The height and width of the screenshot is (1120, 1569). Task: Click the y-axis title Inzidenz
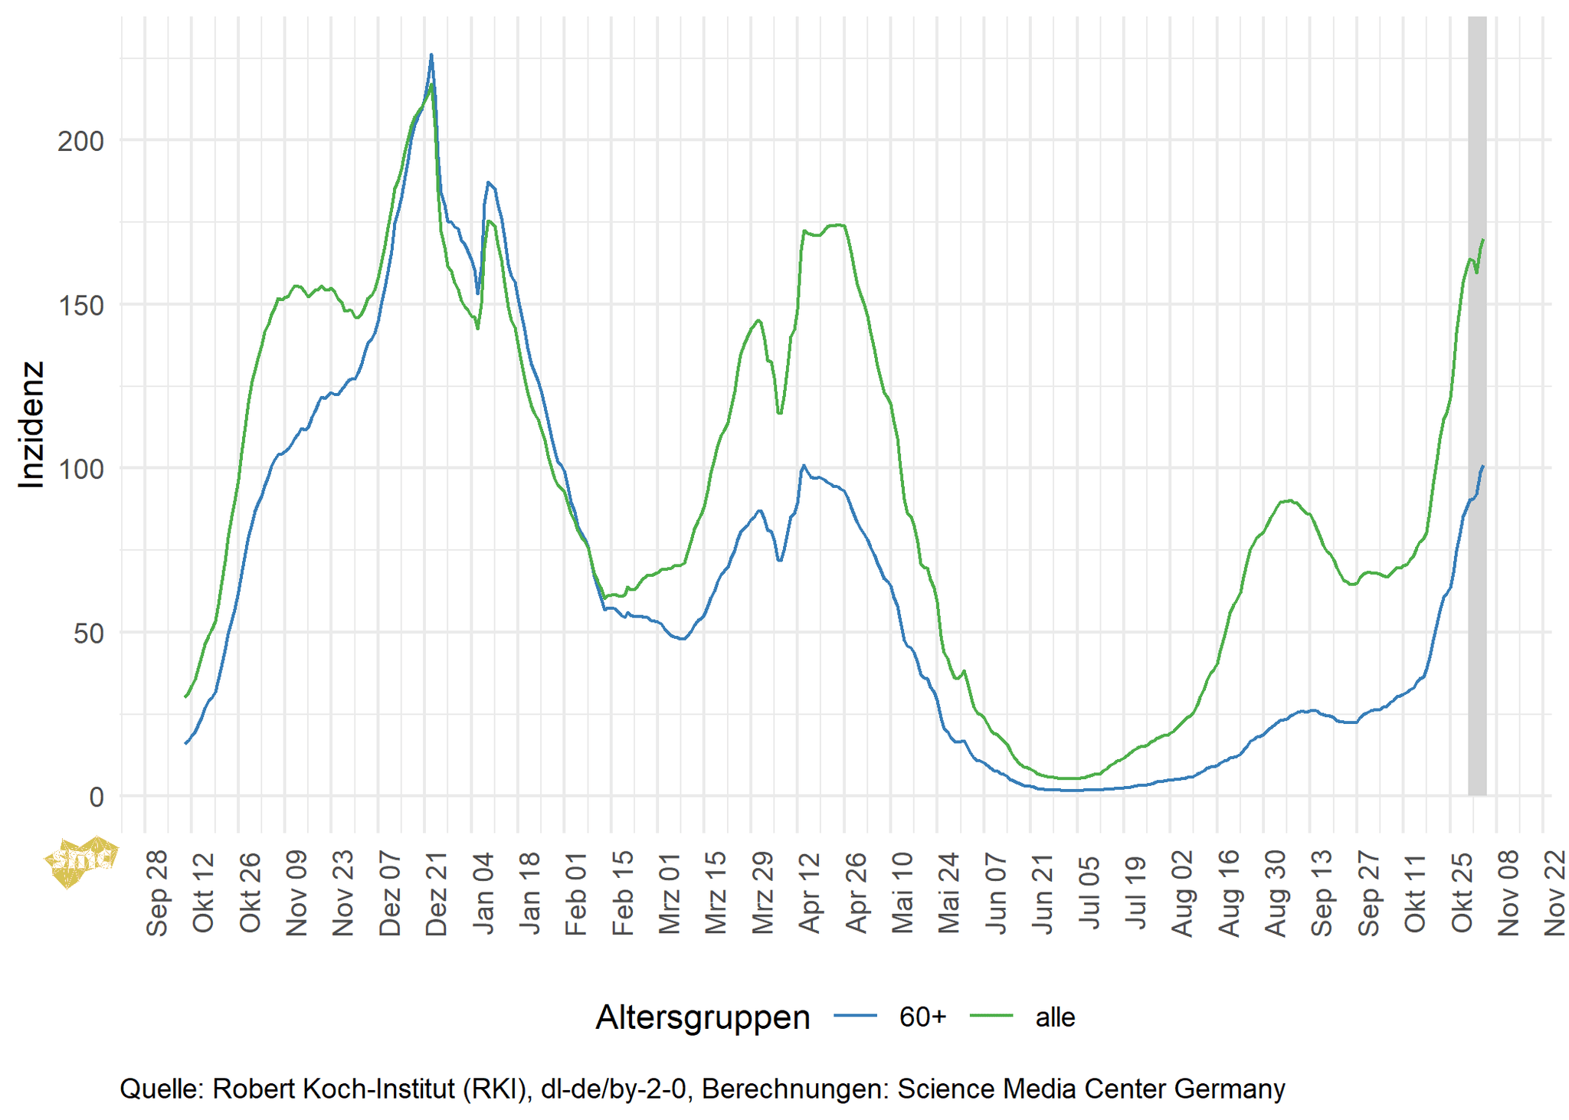click(x=31, y=424)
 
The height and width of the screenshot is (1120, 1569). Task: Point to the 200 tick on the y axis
click(x=80, y=141)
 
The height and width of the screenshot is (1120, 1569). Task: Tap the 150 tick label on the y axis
click(x=80, y=305)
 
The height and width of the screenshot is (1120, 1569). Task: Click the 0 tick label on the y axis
click(x=97, y=797)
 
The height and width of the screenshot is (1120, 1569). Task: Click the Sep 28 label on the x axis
click(x=157, y=892)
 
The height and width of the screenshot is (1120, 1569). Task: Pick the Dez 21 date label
click(x=437, y=892)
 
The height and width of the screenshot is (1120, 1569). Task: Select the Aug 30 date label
click(x=1276, y=892)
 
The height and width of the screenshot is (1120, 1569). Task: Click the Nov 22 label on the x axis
click(x=1555, y=892)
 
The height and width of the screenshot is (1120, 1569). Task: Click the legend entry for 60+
click(x=922, y=1017)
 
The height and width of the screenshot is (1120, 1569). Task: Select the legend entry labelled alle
click(x=1055, y=1017)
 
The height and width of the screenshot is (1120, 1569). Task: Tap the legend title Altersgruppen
click(x=703, y=1017)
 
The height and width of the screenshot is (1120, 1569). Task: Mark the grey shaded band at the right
click(x=1477, y=406)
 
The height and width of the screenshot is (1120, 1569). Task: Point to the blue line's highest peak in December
click(x=431, y=55)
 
